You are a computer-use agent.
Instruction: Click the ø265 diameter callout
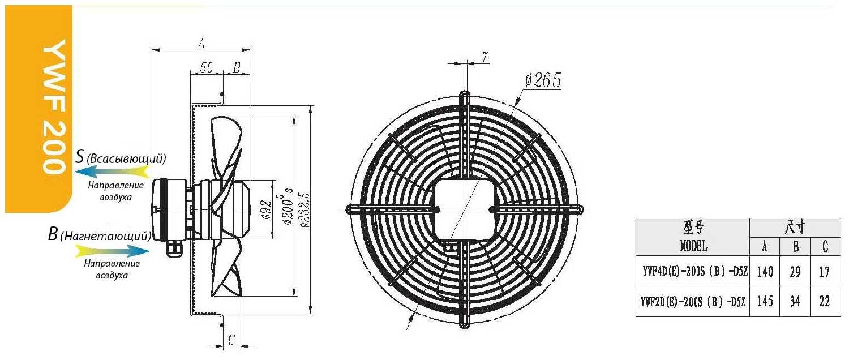[x=543, y=80]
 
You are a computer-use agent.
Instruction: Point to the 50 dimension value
[x=207, y=68]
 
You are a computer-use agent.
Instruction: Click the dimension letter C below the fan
[x=231, y=340]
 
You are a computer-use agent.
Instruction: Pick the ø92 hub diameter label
[x=267, y=209]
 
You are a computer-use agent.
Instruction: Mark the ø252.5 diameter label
[x=304, y=209]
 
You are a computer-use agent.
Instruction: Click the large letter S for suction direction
[x=79, y=156]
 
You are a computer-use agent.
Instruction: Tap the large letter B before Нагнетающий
[x=53, y=234]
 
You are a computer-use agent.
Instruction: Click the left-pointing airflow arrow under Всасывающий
[x=113, y=173]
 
